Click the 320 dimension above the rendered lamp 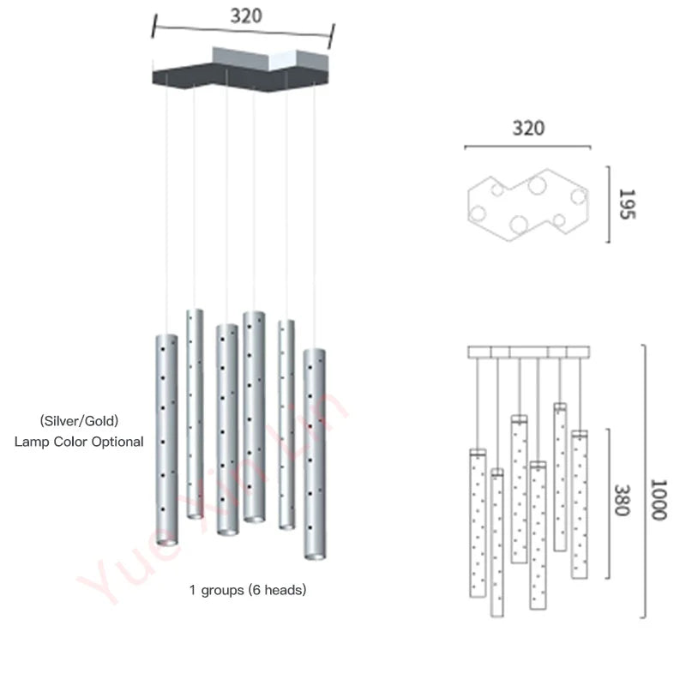pos(246,16)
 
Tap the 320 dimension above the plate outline pos(528,129)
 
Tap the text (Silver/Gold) pos(78,421)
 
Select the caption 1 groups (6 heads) pos(248,590)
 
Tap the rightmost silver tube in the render pos(314,450)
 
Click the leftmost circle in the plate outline pos(478,214)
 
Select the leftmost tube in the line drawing pos(478,523)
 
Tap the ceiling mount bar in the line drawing pos(529,352)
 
